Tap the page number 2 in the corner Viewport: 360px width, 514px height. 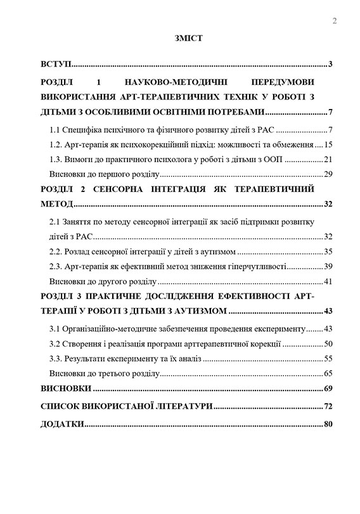[334, 22]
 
